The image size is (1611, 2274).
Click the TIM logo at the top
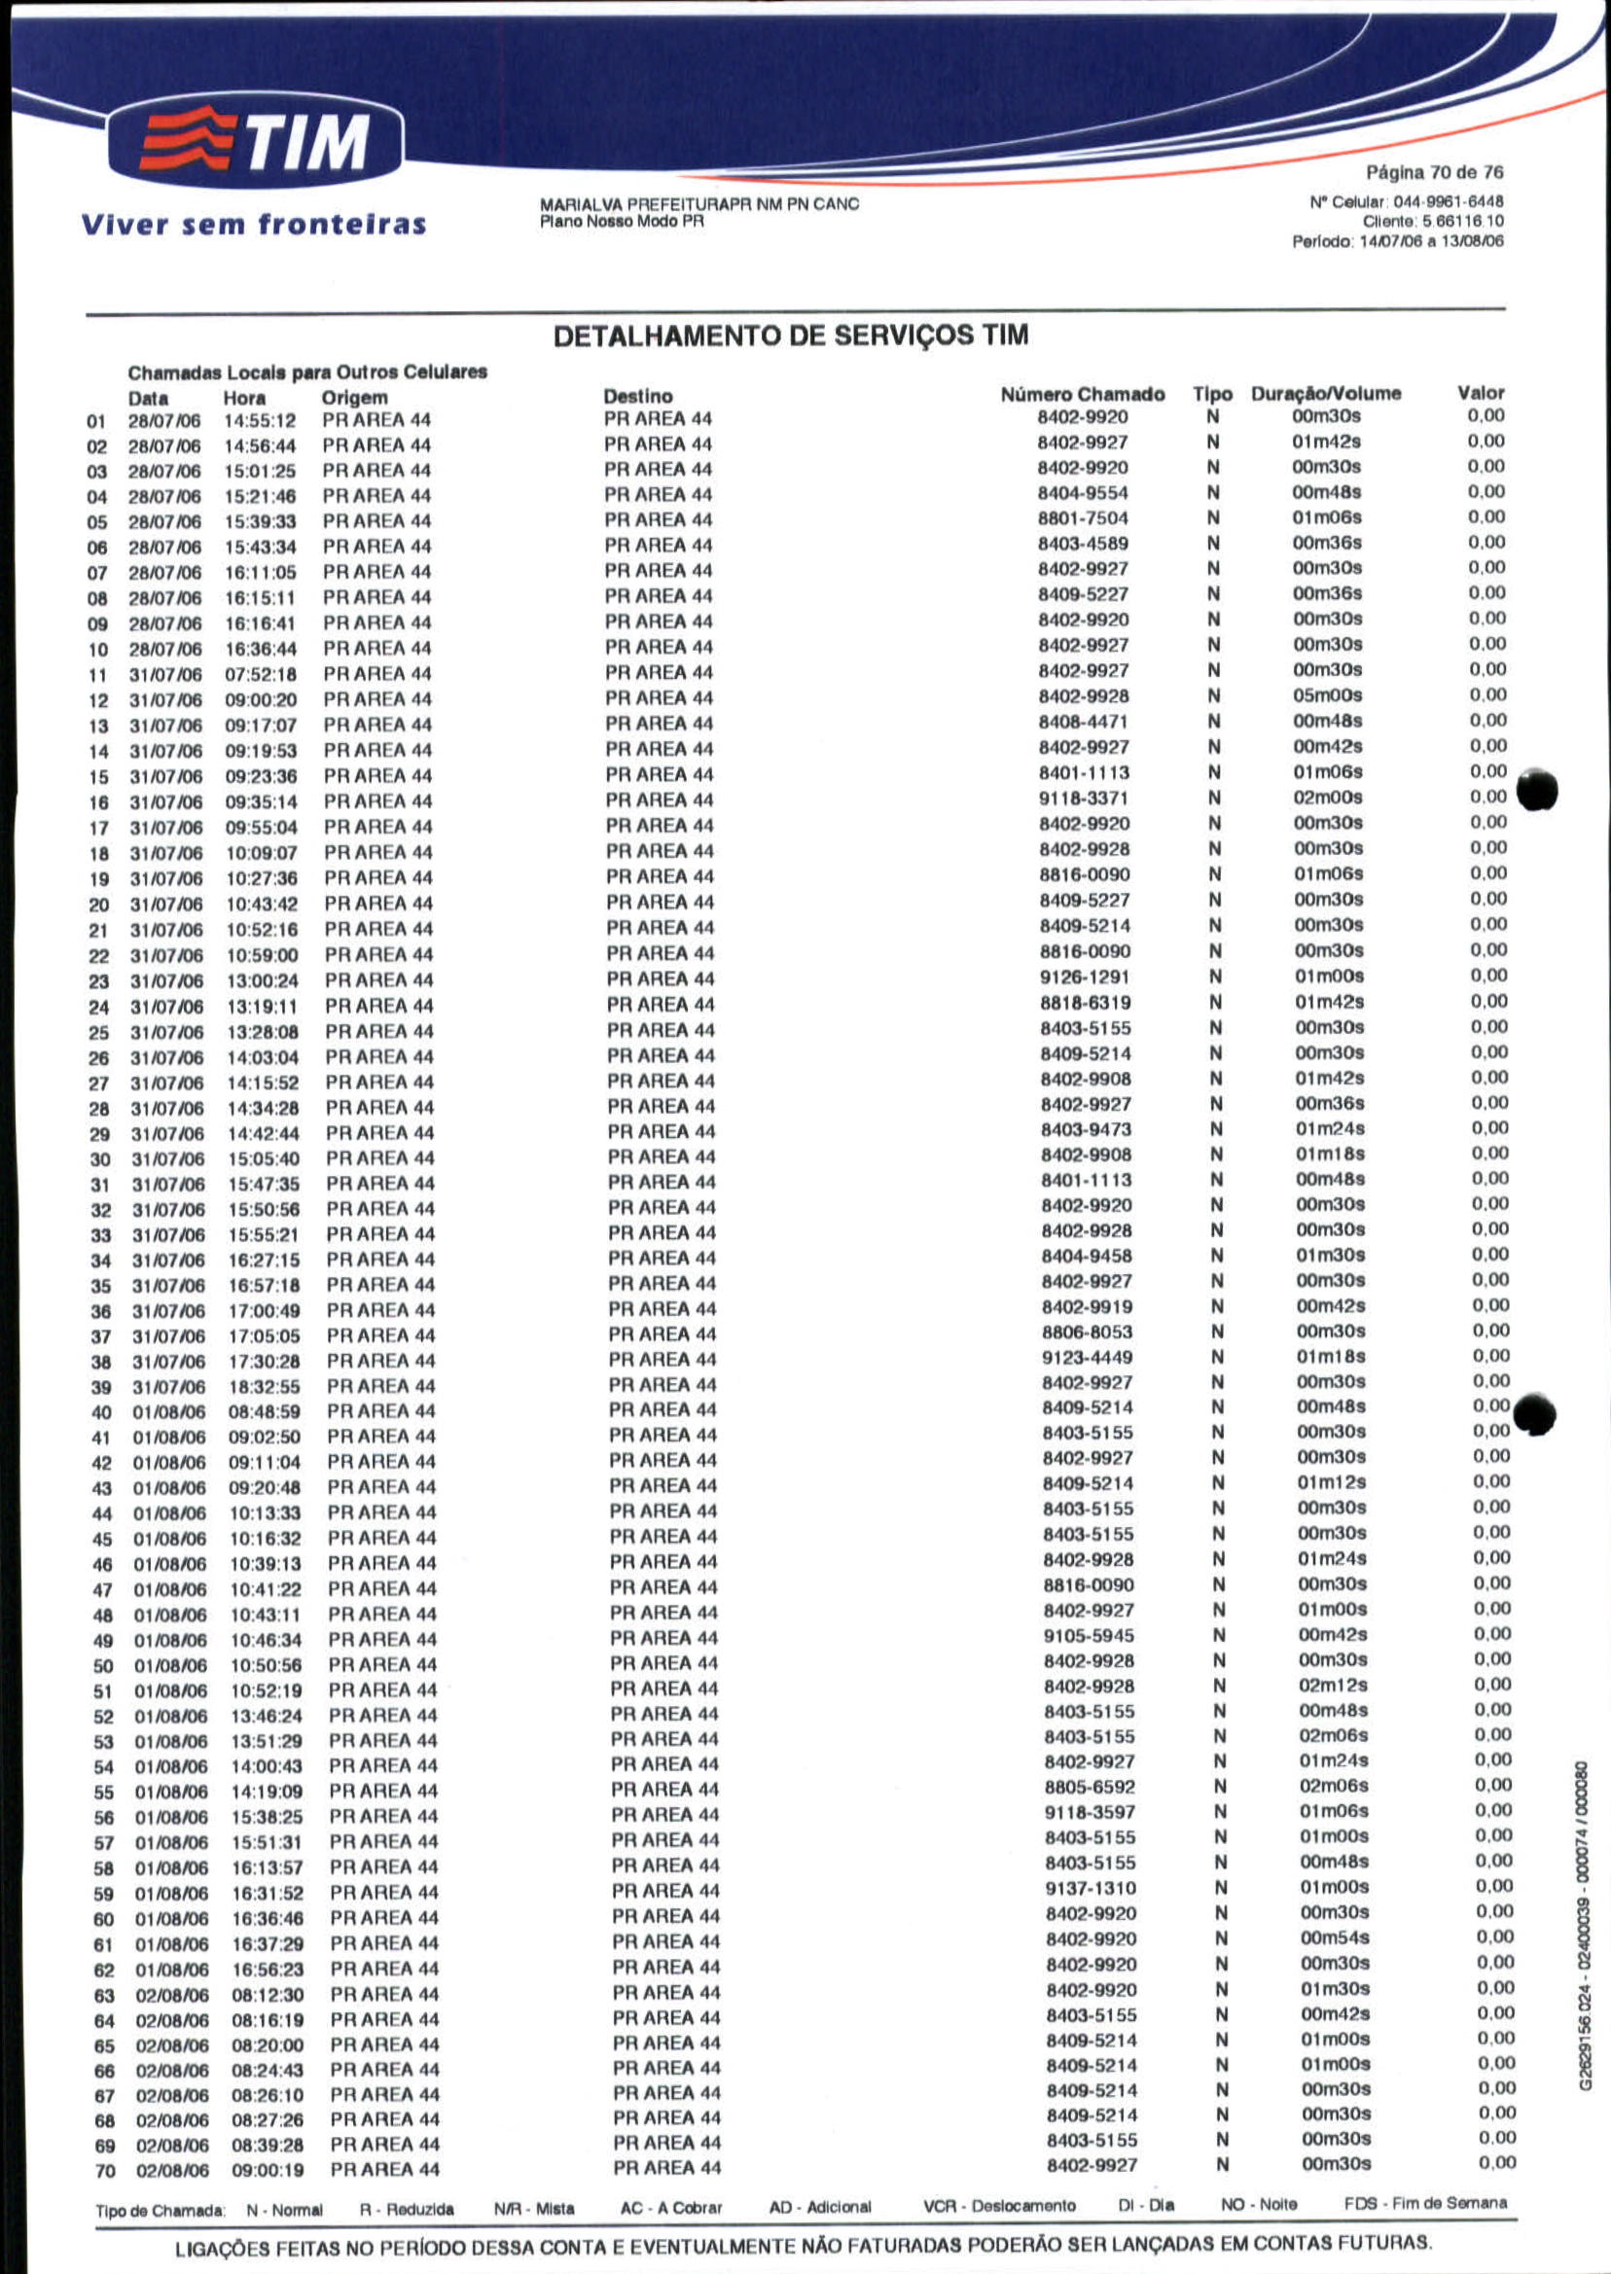[256, 141]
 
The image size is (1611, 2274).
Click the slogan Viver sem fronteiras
[254, 224]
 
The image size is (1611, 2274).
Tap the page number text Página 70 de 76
[1434, 172]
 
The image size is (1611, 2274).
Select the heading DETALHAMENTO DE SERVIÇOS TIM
[790, 337]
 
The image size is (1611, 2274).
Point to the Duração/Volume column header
[1325, 394]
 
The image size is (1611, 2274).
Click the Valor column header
[1480, 393]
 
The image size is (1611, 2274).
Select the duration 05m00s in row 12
[1328, 696]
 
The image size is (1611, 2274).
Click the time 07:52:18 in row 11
[261, 674]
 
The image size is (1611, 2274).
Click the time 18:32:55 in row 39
[264, 1386]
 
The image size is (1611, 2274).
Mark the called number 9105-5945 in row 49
[1089, 1636]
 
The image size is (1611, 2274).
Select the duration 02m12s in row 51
[1333, 1686]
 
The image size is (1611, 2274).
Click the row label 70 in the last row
[105, 2171]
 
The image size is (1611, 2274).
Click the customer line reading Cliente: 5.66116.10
[1432, 222]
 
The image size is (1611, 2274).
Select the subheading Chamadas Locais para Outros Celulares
[307, 373]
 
